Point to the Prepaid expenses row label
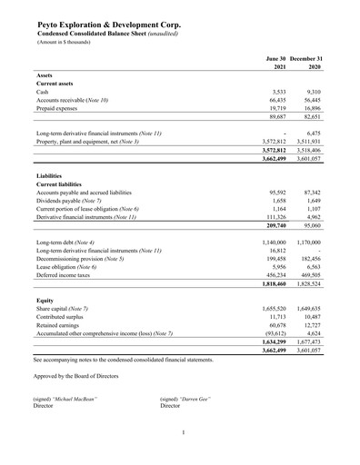[x=62, y=108]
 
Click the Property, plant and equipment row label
[x=87, y=142]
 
